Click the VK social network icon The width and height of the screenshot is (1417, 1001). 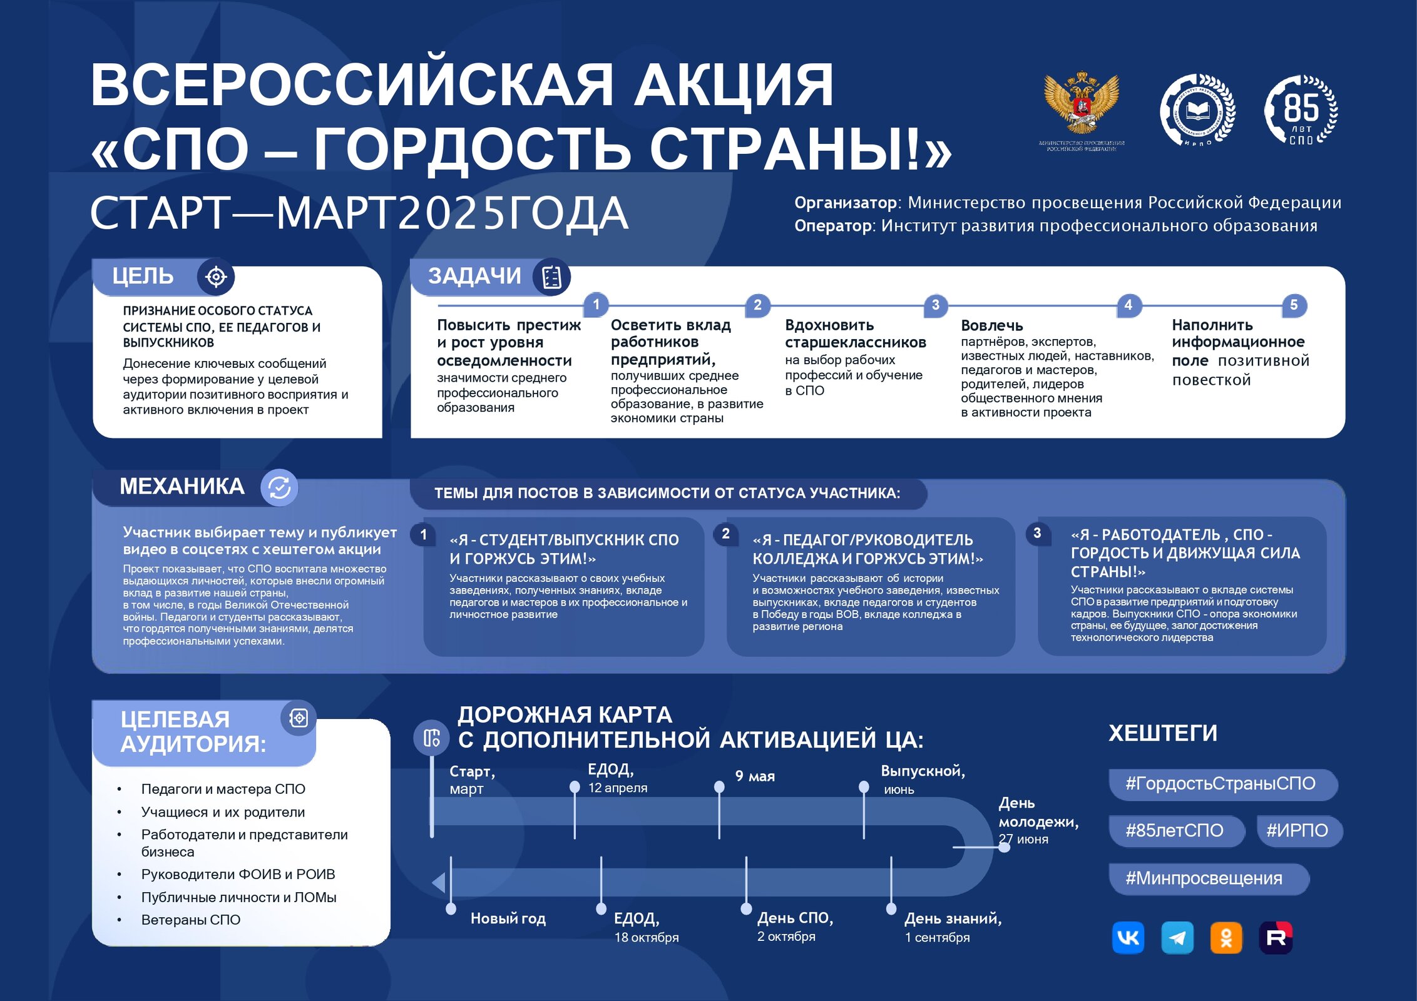tap(1128, 937)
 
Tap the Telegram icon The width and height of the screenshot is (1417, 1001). tap(1177, 937)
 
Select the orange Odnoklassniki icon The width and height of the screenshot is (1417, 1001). tap(1226, 937)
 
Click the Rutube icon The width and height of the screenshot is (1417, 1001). tap(1276, 937)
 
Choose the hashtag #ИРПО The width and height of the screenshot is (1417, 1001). tap(1297, 831)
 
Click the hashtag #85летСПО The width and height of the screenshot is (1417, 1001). tap(1174, 831)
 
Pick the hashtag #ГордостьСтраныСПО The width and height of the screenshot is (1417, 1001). tap(1220, 784)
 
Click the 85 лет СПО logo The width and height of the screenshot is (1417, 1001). tap(1301, 111)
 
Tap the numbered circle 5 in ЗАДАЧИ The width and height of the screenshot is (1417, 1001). tap(1294, 305)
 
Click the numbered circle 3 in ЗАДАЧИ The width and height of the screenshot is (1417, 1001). tap(936, 305)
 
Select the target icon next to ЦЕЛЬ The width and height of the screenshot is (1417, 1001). tap(216, 277)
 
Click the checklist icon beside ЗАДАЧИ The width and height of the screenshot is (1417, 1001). tap(551, 277)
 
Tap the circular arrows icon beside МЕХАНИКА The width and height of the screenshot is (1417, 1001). tap(279, 487)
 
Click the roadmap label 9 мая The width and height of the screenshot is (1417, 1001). tap(755, 776)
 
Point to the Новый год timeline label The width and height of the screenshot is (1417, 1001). tap(508, 918)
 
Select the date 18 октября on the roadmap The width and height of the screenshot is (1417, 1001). tap(646, 937)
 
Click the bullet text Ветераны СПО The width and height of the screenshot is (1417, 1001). tap(191, 920)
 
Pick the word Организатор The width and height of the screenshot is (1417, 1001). tap(846, 203)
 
